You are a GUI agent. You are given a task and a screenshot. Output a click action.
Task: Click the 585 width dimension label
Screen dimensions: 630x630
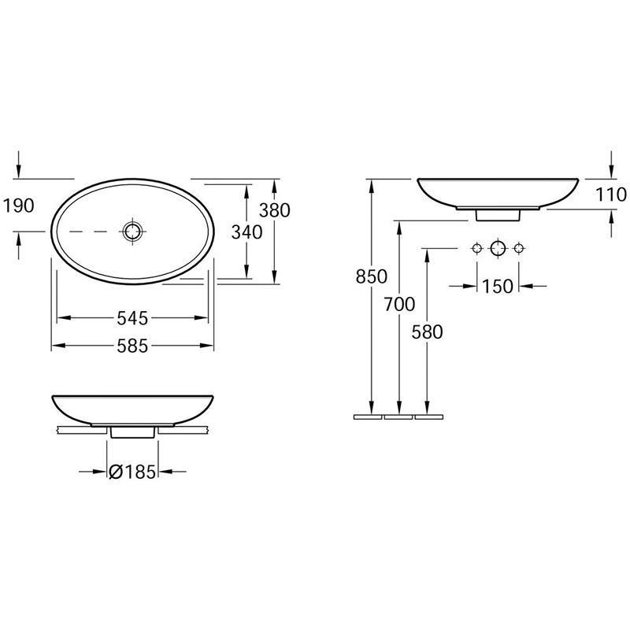(x=132, y=346)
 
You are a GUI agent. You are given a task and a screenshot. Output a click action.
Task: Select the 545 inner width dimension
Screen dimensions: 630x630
(x=132, y=318)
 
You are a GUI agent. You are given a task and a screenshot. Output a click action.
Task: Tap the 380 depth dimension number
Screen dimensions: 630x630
(x=274, y=210)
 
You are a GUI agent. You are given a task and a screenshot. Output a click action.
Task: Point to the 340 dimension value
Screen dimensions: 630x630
(x=246, y=232)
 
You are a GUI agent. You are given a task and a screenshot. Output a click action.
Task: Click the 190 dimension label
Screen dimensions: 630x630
(x=18, y=206)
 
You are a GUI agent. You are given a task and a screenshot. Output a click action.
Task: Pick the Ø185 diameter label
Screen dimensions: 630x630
(x=132, y=472)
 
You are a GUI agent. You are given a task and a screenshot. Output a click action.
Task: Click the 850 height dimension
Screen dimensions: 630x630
(x=372, y=276)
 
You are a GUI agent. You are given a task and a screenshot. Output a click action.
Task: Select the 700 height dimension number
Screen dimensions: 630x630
(x=399, y=304)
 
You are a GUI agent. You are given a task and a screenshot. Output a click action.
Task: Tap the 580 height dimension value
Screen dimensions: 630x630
(x=427, y=332)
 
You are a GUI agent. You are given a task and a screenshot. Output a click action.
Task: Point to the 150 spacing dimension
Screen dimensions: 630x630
(x=498, y=287)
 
